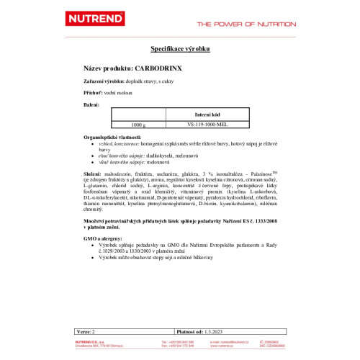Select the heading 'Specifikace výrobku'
click(179, 49)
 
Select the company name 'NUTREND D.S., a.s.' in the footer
click(94, 340)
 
